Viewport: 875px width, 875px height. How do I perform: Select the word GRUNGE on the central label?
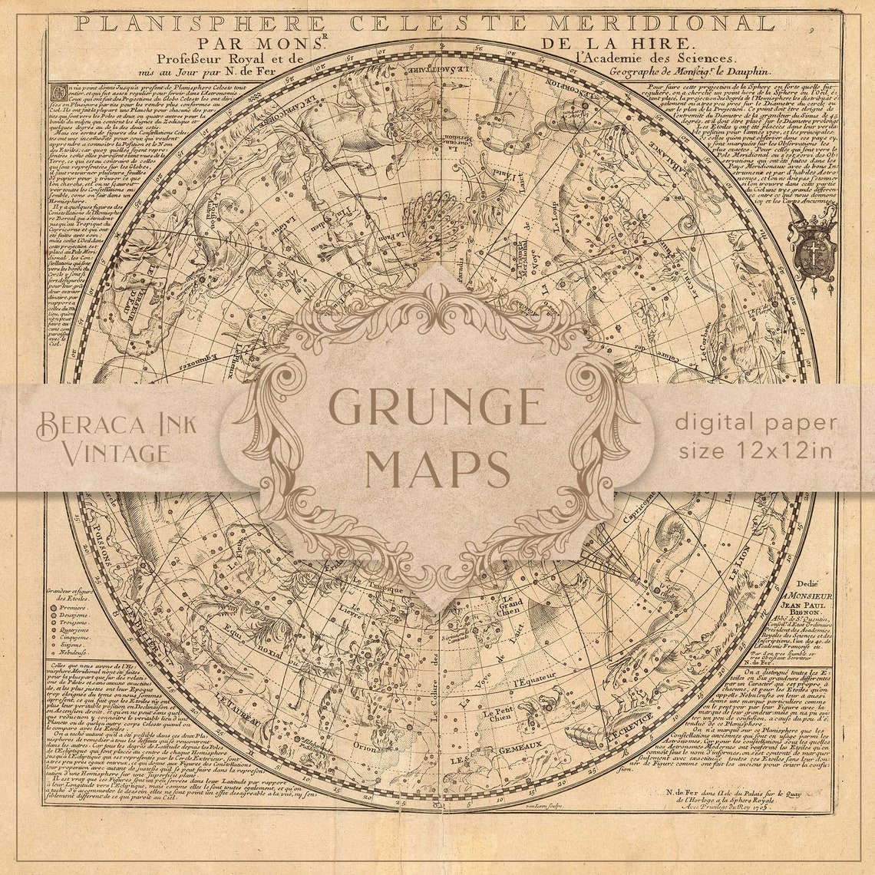437,408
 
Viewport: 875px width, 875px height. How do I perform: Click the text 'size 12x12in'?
754,450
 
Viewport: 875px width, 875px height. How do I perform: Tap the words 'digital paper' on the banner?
756,422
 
